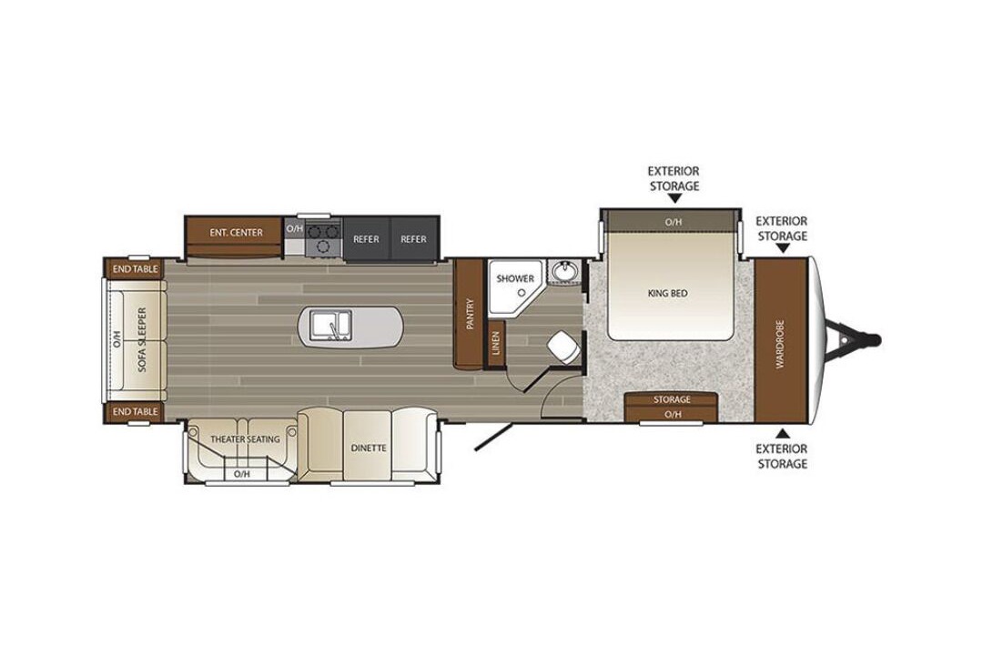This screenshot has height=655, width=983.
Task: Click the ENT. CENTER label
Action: pyautogui.click(x=236, y=233)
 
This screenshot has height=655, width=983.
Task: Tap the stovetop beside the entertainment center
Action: pyautogui.click(x=323, y=238)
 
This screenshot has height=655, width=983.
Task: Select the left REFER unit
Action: pyautogui.click(x=366, y=239)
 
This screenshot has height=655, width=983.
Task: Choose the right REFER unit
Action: pyautogui.click(x=414, y=239)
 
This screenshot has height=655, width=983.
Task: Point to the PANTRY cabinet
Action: pyautogui.click(x=471, y=313)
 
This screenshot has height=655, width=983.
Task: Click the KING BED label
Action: pyautogui.click(x=668, y=293)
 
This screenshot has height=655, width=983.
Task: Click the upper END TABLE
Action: pyautogui.click(x=135, y=269)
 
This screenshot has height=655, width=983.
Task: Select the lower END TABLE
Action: pyautogui.click(x=135, y=412)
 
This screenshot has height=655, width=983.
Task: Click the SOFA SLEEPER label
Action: pyautogui.click(x=142, y=339)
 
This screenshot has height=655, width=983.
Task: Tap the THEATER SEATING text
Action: pyautogui.click(x=245, y=439)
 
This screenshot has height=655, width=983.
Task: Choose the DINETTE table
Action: pyautogui.click(x=368, y=446)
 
